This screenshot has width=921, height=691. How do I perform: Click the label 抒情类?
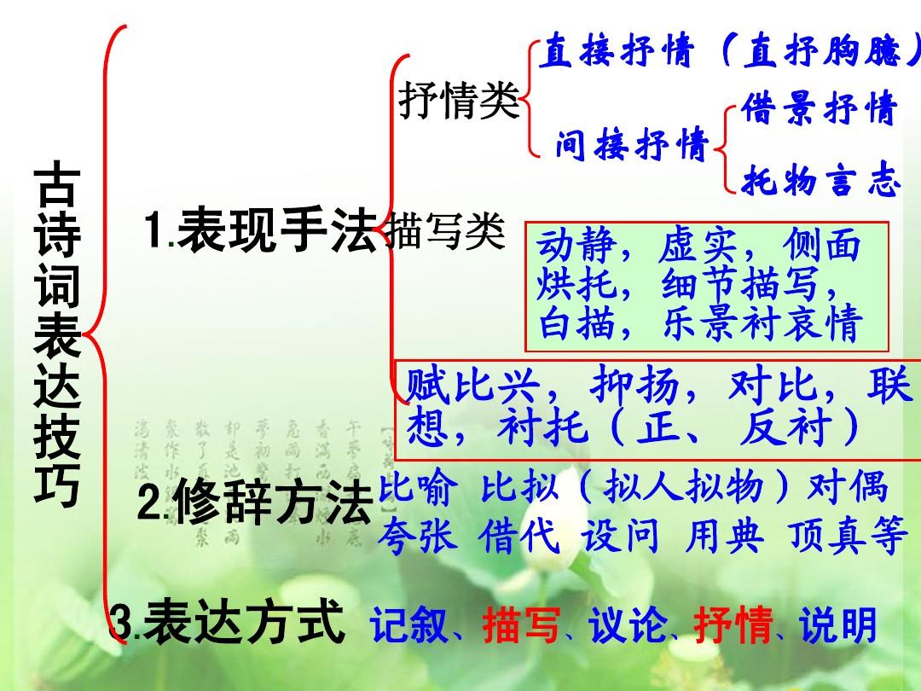pos(459,102)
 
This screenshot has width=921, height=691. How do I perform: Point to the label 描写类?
pos(445,232)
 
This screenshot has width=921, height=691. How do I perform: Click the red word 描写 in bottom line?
pos(521,627)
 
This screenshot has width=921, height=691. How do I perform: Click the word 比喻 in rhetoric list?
pos(416,489)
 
